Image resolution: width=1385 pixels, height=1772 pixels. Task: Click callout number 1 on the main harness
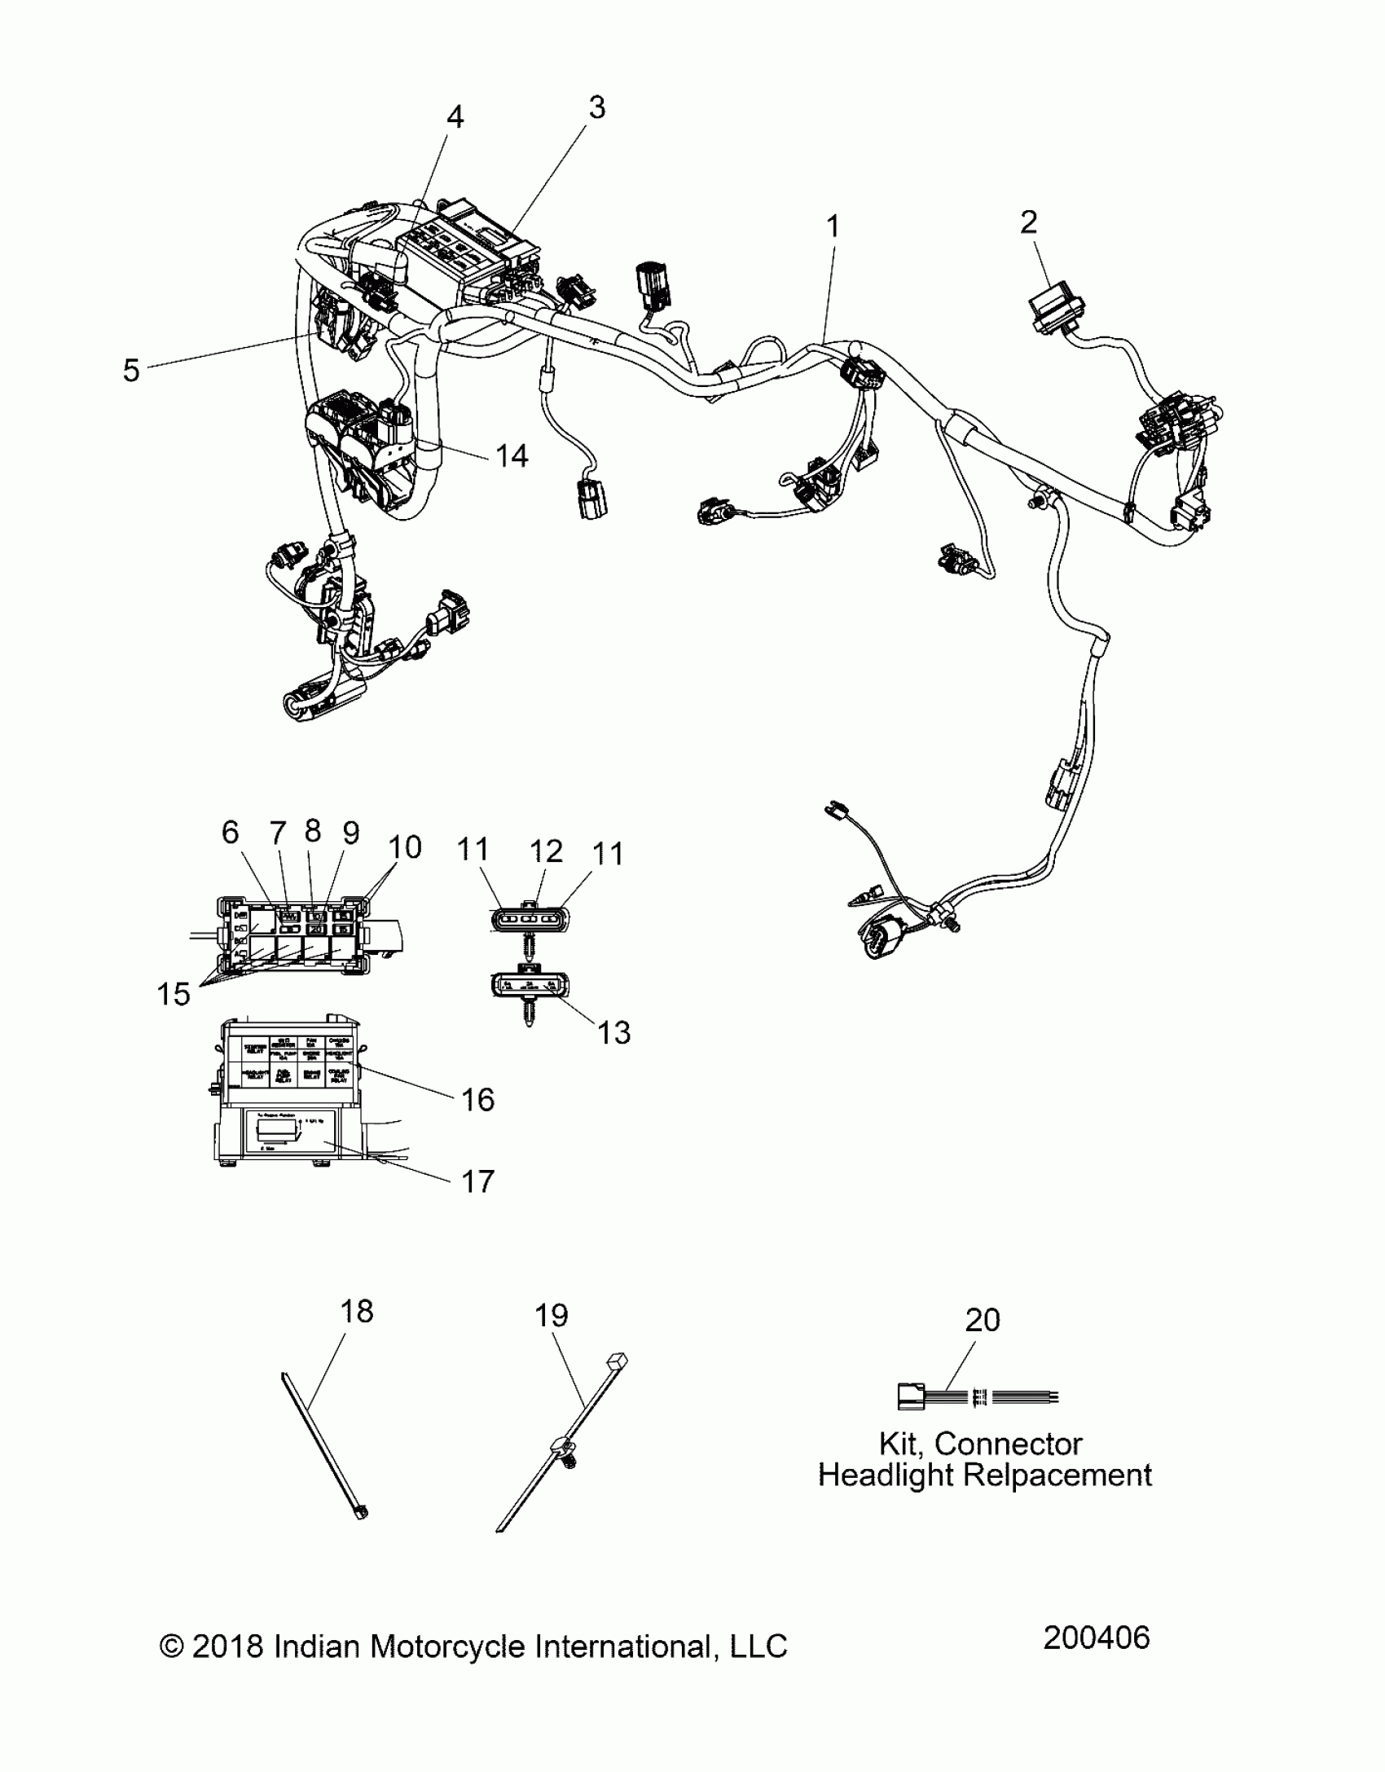[x=832, y=226]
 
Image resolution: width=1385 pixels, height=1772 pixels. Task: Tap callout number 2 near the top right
[x=1028, y=222]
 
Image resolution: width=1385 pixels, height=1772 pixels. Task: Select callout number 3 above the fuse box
[x=596, y=108]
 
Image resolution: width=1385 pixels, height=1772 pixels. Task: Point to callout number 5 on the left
[x=131, y=371]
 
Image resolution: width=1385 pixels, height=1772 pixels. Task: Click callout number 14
[x=512, y=455]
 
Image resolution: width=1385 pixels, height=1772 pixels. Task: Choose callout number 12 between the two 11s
[x=546, y=851]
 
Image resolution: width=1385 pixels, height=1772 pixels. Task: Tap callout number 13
[x=613, y=1033]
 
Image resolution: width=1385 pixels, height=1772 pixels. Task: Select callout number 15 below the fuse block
[x=173, y=994]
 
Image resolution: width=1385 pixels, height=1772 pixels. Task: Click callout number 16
[x=477, y=1100]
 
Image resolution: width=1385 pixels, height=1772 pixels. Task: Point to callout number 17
[x=477, y=1181]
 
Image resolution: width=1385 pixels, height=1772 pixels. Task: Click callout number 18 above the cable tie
[x=356, y=1312]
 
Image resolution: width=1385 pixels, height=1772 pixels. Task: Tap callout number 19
[x=551, y=1316]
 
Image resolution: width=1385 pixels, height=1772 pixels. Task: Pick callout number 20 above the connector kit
[x=982, y=1320]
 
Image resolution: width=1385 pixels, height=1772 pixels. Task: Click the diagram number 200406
[x=1096, y=1638]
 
